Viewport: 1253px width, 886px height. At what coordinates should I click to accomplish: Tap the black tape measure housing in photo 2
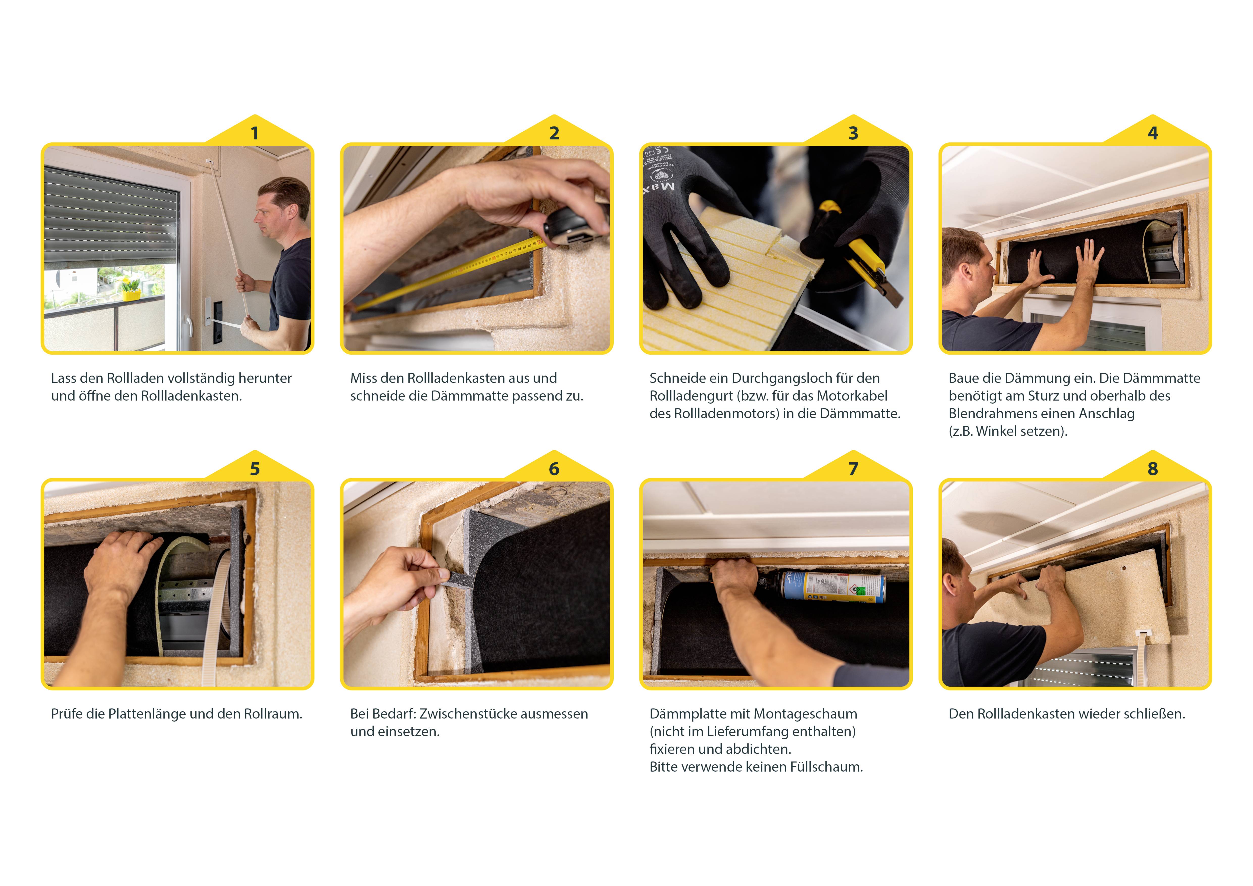click(x=573, y=226)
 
